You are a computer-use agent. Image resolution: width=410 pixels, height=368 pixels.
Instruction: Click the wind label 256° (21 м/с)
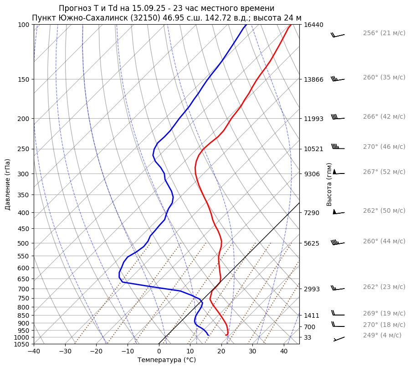pos(384,33)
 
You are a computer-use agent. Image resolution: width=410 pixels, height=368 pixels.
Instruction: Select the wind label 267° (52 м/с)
pos(384,172)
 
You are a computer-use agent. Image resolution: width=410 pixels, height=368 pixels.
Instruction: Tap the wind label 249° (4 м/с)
pos(382,335)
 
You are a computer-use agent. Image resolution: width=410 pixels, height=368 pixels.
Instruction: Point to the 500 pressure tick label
pos(24,243)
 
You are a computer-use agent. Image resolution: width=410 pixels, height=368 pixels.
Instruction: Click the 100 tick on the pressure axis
pos(24,25)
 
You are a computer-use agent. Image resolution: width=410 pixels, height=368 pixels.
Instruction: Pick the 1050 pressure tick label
pos(22,344)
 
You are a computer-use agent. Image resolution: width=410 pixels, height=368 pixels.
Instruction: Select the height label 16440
pos(313,25)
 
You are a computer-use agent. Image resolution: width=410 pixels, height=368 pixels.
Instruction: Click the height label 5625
pos(312,243)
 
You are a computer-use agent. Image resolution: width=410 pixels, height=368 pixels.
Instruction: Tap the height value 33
pos(307,337)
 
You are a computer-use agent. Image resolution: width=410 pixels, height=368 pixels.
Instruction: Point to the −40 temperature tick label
pos(34,351)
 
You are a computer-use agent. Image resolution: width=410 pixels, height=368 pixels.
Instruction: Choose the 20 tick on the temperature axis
pos(221,351)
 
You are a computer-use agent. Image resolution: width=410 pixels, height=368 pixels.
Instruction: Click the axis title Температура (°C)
pos(167,360)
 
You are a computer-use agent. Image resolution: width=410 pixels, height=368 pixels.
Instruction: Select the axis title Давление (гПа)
pos(8,184)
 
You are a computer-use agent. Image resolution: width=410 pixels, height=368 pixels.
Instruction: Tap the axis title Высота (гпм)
pos(329,184)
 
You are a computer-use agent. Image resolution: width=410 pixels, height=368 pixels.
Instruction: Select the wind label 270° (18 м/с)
pos(384,325)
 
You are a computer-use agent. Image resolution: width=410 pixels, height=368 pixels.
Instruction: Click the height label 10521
pos(313,149)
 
